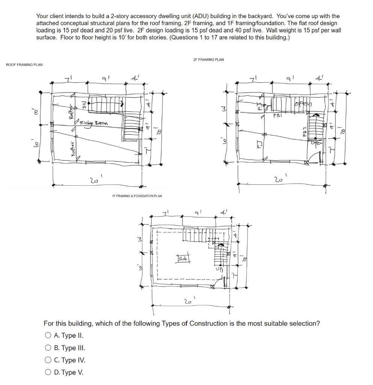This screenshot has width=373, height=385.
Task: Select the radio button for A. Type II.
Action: point(48,335)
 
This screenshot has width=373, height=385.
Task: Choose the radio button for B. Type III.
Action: point(48,348)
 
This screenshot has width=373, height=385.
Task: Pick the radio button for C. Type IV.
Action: point(48,360)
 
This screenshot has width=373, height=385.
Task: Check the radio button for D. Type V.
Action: point(48,373)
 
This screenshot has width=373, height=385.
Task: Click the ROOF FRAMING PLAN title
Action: point(24,65)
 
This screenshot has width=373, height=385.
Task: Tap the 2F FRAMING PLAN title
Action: point(208,59)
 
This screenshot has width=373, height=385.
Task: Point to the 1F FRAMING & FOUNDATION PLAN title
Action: point(137,196)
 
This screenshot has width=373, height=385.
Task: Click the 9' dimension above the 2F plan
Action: point(289,80)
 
